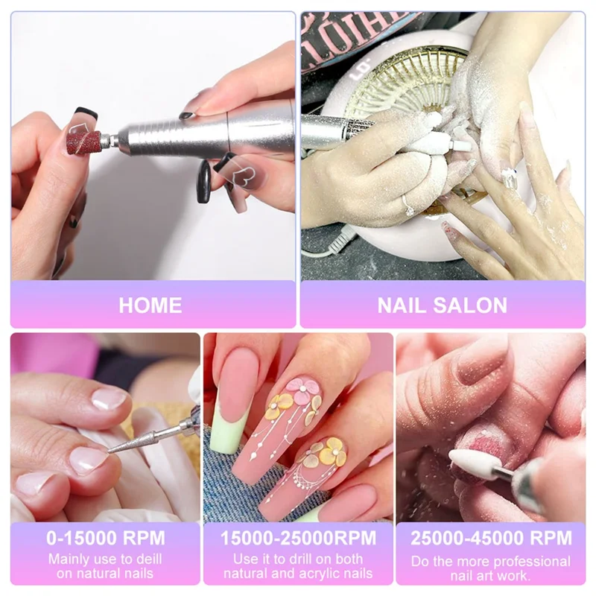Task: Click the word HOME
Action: [x=150, y=305]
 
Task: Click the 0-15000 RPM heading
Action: [x=105, y=538]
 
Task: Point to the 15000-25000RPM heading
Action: [x=298, y=538]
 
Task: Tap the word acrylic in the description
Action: [x=322, y=573]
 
